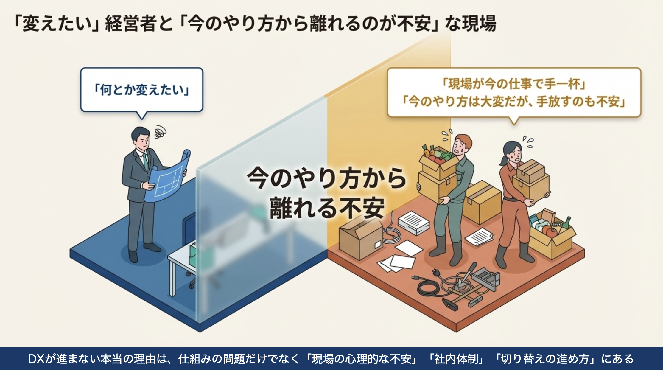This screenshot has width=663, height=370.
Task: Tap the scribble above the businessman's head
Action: click(x=160, y=132)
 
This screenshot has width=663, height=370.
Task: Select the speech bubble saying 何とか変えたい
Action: click(x=142, y=90)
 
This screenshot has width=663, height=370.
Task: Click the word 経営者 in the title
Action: click(x=131, y=24)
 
